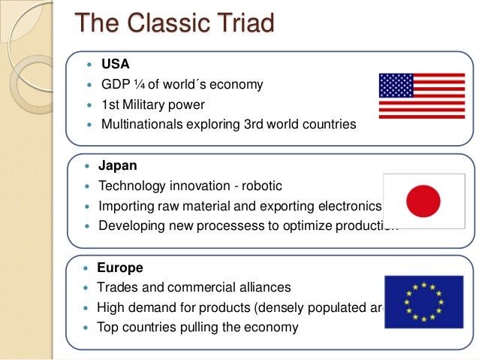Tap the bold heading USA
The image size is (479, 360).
point(115,63)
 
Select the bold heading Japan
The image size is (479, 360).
point(118,165)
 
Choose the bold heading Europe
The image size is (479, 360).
point(120,268)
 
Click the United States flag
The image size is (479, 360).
point(421,95)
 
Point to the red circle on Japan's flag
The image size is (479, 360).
point(423,201)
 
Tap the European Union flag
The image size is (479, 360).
point(423,301)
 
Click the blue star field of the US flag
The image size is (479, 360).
point(396,86)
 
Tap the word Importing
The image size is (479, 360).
point(126,206)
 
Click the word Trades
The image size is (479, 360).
point(117,288)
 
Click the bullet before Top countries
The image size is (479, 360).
point(88,328)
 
